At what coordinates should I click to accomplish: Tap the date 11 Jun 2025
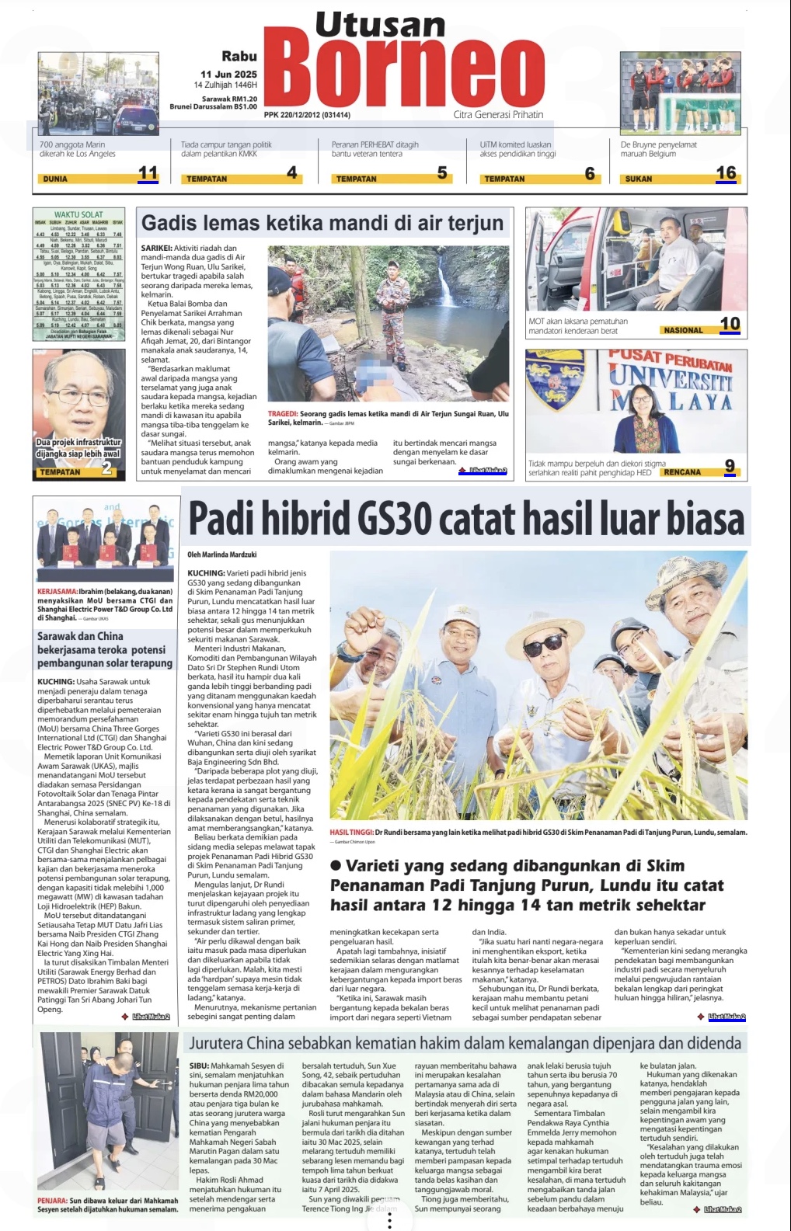pos(228,74)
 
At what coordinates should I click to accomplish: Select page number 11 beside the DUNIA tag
pos(148,173)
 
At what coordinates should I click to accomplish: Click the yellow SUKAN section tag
pos(639,179)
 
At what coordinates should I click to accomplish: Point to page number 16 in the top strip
pos(726,172)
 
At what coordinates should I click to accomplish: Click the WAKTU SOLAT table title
pos(78,214)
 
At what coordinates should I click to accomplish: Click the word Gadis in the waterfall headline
pos(169,224)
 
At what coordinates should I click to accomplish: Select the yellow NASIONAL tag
pos(683,330)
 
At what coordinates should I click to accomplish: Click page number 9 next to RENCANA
pos(730,466)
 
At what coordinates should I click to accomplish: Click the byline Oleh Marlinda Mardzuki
pos(222,555)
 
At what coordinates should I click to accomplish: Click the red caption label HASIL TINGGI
pos(351,833)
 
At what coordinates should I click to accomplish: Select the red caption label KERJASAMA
pos(57,592)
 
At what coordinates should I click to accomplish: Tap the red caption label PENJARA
pos(52,1201)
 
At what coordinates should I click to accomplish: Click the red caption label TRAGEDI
pos(282,414)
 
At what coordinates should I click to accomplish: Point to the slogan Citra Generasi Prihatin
pos(498,115)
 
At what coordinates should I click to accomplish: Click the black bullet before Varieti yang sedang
pos(336,866)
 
